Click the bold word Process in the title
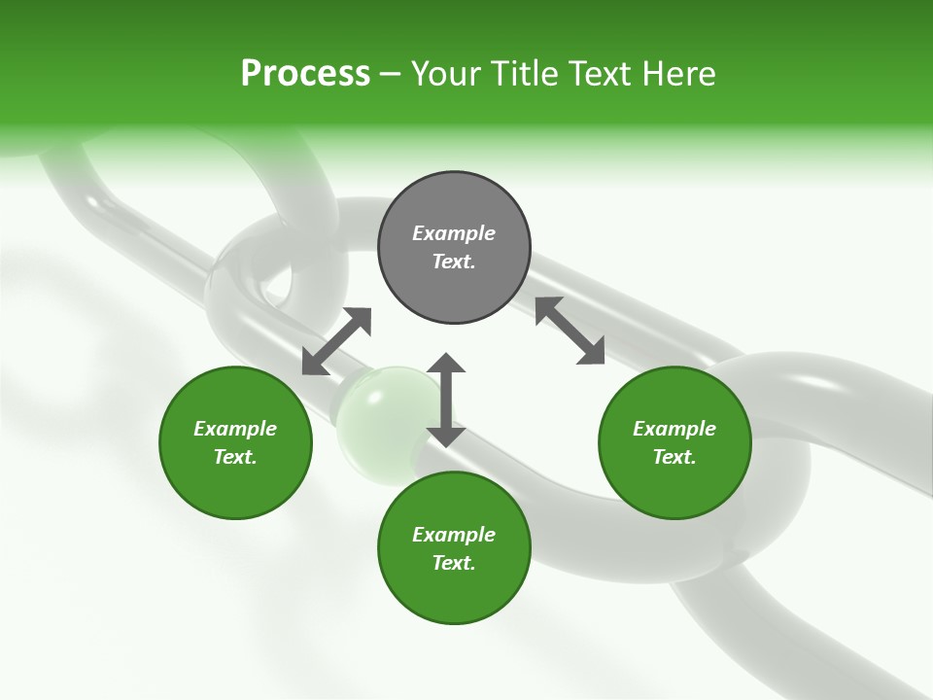pyautogui.click(x=305, y=74)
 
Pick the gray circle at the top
pyautogui.click(x=454, y=248)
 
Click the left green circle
pyautogui.click(x=235, y=442)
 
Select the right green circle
pyautogui.click(x=674, y=442)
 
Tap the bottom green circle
pyautogui.click(x=454, y=548)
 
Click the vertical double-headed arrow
pyautogui.click(x=446, y=400)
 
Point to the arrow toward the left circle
pyautogui.click(x=336, y=341)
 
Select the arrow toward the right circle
pyautogui.click(x=570, y=332)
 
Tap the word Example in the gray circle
pyautogui.click(x=454, y=233)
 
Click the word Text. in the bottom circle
pyautogui.click(x=454, y=563)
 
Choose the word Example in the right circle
pyautogui.click(x=674, y=429)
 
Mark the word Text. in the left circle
pyautogui.click(x=235, y=457)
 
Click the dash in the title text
pyautogui.click(x=391, y=74)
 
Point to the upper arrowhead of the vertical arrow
pyautogui.click(x=446, y=363)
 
